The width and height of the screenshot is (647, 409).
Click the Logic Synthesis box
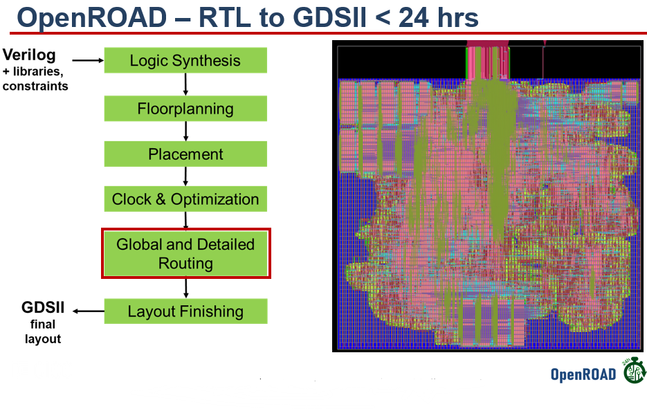tap(185, 60)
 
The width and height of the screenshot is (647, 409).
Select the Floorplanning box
tap(185, 109)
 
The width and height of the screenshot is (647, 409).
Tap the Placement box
tap(185, 154)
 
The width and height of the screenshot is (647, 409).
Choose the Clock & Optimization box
tap(185, 199)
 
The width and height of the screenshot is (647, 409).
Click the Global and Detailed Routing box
tap(185, 254)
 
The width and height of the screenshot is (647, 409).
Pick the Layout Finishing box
tap(185, 311)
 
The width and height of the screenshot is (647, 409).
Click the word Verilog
tap(29, 55)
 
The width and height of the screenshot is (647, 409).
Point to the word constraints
tap(35, 86)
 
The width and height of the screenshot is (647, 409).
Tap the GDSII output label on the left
tap(43, 309)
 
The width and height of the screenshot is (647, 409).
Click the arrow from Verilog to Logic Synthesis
tap(87, 60)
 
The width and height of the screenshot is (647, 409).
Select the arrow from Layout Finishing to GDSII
tap(88, 311)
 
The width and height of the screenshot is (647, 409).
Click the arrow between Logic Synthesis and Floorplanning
tap(185, 84)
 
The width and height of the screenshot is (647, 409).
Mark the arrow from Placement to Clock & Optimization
tap(185, 176)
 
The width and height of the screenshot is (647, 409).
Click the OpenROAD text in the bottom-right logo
tap(583, 374)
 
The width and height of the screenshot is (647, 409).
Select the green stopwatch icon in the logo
tap(634, 372)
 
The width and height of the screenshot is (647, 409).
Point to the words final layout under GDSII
tap(43, 331)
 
